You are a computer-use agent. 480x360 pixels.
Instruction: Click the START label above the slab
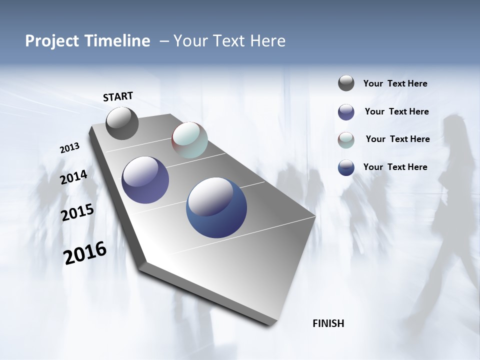[118, 96]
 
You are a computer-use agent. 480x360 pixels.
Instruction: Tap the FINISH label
[328, 323]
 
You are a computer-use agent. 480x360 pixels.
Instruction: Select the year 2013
[69, 148]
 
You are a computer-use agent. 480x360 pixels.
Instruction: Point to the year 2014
[73, 177]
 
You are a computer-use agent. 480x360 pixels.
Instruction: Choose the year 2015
[77, 213]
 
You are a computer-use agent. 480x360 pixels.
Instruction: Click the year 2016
[85, 253]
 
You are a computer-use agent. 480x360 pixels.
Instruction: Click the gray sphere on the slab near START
[122, 123]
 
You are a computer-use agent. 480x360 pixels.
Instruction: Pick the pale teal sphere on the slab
[189, 140]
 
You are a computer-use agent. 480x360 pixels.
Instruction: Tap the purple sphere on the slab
[145, 180]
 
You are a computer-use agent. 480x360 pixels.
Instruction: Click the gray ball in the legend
[346, 83]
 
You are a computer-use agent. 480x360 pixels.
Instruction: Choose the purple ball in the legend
[346, 112]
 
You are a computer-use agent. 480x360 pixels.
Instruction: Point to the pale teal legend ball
[346, 140]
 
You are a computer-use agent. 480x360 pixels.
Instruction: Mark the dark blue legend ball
[346, 167]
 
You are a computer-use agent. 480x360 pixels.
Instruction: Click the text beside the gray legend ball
[395, 83]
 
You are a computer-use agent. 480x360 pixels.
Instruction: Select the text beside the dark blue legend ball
[395, 167]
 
